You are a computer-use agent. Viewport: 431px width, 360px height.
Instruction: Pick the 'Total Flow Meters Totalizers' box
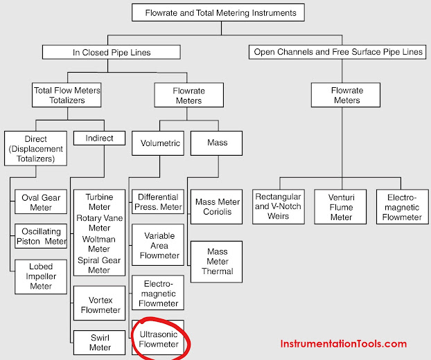(67, 95)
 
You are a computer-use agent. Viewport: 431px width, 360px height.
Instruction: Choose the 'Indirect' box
(99, 138)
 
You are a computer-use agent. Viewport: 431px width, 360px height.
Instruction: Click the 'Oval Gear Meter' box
(40, 203)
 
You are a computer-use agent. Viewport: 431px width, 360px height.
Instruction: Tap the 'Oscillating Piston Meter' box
(40, 237)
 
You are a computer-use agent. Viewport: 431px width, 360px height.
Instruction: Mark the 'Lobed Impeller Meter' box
(40, 276)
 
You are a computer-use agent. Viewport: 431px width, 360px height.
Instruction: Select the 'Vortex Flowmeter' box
(99, 305)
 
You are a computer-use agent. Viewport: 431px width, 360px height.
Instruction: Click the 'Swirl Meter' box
(99, 343)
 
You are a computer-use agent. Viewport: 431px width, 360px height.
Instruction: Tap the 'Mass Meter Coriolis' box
(217, 207)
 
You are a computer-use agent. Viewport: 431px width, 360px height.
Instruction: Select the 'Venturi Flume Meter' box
(341, 207)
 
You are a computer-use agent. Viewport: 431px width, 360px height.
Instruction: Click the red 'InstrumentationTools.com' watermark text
(343, 343)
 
